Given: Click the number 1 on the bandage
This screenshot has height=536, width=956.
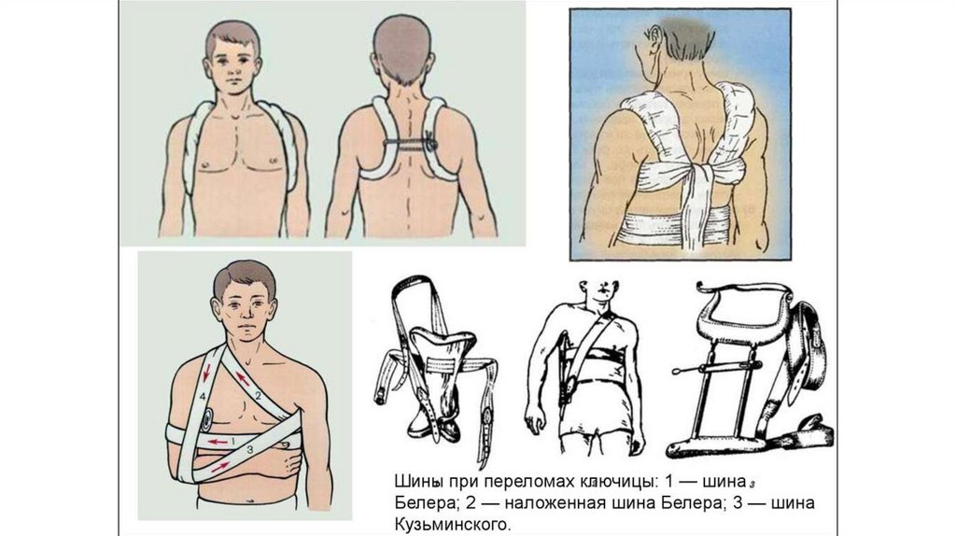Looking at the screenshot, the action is [x=232, y=440].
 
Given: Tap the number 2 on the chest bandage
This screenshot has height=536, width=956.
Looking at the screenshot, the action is [x=258, y=396].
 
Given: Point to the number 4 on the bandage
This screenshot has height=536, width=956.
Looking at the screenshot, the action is [x=202, y=396].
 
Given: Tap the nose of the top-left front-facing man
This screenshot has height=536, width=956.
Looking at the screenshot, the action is [x=232, y=67].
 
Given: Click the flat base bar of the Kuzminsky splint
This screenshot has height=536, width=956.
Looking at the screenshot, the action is [x=713, y=446].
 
